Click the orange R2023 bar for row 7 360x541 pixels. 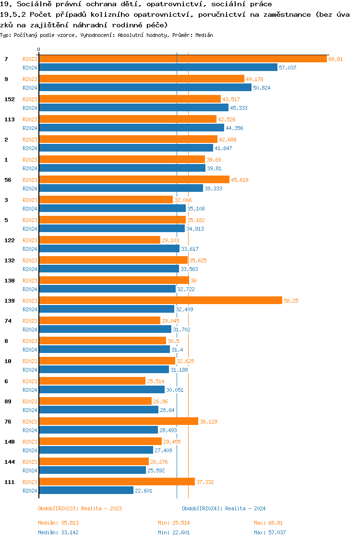[182, 59]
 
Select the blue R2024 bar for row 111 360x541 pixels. [86, 490]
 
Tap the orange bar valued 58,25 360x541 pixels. [160, 300]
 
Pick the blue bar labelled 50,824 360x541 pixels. [145, 87]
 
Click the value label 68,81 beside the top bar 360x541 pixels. [336, 59]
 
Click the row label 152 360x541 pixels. [9, 99]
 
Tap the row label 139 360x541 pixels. [9, 301]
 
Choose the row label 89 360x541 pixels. [8, 401]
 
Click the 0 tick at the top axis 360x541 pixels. [39, 50]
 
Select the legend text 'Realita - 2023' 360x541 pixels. [101, 508]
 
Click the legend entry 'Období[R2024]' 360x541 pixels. [202, 508]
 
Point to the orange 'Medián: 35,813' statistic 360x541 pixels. [58, 522]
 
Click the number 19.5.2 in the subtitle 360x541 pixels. [13, 14]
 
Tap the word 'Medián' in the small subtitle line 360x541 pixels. [204, 35]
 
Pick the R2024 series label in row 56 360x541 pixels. [30, 188]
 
